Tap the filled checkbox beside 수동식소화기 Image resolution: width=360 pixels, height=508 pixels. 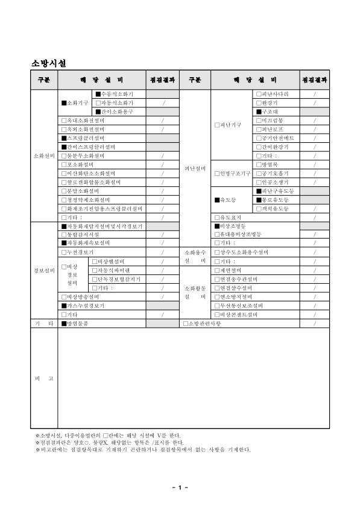[x=98, y=94]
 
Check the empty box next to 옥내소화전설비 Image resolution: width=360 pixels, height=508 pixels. [x=64, y=121]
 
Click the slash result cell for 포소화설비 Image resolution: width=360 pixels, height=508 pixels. [x=163, y=164]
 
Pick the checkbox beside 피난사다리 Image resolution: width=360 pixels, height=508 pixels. [x=259, y=94]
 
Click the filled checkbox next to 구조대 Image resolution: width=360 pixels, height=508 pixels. [x=259, y=111]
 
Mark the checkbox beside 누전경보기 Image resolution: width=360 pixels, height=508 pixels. [x=64, y=252]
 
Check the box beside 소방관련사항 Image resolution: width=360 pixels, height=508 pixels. [x=186, y=324]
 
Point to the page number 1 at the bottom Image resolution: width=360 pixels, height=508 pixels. [x=180, y=487]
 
